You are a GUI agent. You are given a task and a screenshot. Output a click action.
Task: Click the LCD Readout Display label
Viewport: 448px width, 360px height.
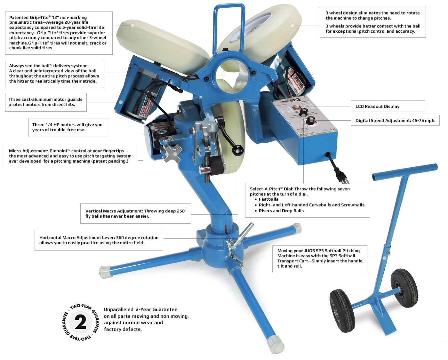[x=377, y=106]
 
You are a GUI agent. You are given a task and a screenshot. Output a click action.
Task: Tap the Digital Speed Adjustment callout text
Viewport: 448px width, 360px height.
[x=395, y=121]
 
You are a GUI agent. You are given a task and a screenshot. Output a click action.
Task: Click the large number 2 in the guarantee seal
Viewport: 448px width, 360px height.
[x=80, y=322]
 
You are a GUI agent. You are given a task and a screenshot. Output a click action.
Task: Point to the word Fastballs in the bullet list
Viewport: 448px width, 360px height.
[x=268, y=199]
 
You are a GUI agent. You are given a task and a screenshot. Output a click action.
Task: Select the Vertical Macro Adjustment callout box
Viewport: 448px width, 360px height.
[x=136, y=213]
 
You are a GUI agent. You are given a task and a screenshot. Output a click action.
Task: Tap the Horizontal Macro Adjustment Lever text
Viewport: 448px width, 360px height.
[x=99, y=237]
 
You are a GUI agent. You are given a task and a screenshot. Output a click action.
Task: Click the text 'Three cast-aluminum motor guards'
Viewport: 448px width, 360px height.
[x=45, y=99]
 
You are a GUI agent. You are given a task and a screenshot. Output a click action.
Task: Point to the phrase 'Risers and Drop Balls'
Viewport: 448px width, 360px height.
[x=281, y=211]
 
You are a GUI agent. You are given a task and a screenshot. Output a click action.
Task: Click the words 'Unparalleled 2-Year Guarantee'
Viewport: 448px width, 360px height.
[x=140, y=309]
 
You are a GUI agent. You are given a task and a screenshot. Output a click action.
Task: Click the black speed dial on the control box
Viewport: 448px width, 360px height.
[x=310, y=121]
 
